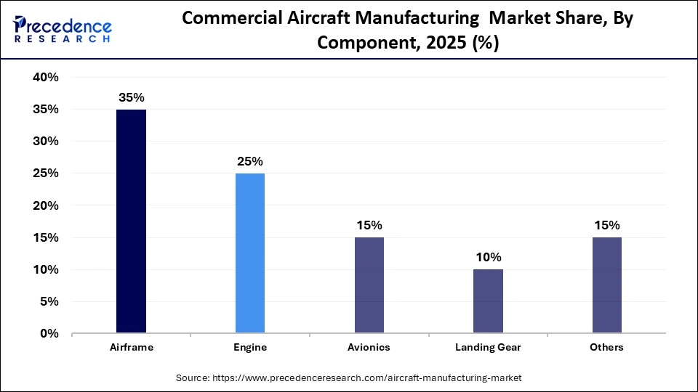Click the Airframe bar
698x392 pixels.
pos(131,221)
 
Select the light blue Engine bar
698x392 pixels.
pos(250,253)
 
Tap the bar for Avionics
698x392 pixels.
pos(369,285)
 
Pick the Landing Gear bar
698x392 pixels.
pos(488,301)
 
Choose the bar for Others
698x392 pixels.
pos(607,285)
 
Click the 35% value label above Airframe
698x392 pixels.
pos(131,97)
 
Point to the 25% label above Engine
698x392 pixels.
pos(250,161)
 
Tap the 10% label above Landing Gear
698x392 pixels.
pos(488,257)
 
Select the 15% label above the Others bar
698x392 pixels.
pos(607,225)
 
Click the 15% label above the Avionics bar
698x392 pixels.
pos(369,225)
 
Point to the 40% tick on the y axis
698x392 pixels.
pos(45,78)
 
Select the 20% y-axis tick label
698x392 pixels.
pos(45,205)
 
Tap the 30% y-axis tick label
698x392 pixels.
pos(45,142)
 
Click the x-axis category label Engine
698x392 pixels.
pos(250,348)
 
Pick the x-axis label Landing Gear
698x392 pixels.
pos(488,348)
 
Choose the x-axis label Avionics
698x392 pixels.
pos(369,348)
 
